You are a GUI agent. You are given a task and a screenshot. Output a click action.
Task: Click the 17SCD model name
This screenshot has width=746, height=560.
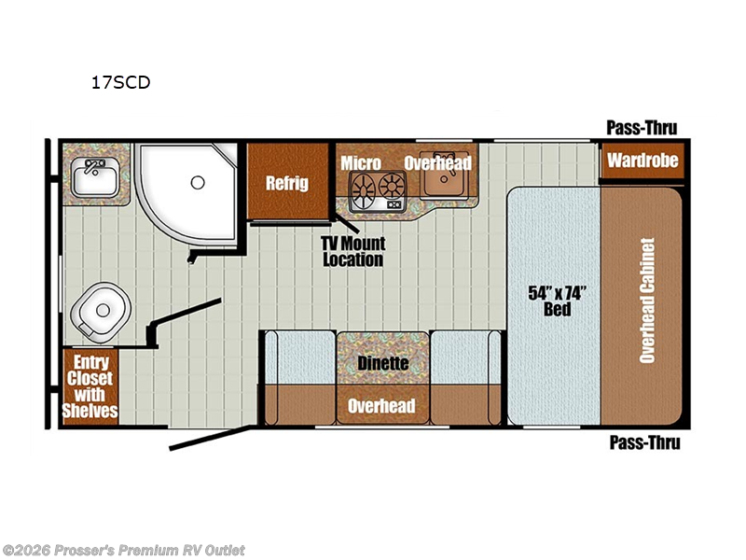[121, 82]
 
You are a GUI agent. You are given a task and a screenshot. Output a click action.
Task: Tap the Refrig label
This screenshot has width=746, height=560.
[287, 183]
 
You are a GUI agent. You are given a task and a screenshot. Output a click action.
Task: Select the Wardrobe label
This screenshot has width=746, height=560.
[642, 160]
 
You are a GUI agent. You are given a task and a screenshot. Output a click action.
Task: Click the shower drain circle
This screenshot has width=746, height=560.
[198, 182]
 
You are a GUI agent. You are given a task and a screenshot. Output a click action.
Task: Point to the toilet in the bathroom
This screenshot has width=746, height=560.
[101, 312]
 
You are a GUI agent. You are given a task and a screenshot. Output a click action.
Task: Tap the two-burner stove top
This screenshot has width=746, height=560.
[378, 191]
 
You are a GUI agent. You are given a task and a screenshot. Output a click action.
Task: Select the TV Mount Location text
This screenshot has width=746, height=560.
[353, 251]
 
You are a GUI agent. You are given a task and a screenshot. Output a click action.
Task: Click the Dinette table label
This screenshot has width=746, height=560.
[383, 363]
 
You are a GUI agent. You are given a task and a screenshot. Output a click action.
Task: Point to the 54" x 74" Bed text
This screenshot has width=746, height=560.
[556, 301]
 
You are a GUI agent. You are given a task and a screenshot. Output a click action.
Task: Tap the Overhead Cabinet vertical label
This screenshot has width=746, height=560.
[647, 301]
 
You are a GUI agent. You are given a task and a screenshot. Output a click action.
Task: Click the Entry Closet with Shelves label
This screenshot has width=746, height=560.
[90, 386]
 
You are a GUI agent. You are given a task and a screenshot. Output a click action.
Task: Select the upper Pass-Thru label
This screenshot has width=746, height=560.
[642, 128]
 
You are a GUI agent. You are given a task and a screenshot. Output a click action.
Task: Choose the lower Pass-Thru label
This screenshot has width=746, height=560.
[644, 442]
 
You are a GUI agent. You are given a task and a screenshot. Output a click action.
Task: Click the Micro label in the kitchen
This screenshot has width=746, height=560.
[361, 163]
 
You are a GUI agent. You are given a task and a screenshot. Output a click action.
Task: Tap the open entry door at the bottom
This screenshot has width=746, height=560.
[210, 438]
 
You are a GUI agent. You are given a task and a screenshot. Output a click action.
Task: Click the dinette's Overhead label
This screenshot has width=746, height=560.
[381, 406]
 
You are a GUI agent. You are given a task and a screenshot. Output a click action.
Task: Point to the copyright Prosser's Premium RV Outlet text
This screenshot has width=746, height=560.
[124, 551]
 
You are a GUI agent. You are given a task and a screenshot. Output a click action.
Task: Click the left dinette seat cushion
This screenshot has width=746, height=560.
[300, 357]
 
